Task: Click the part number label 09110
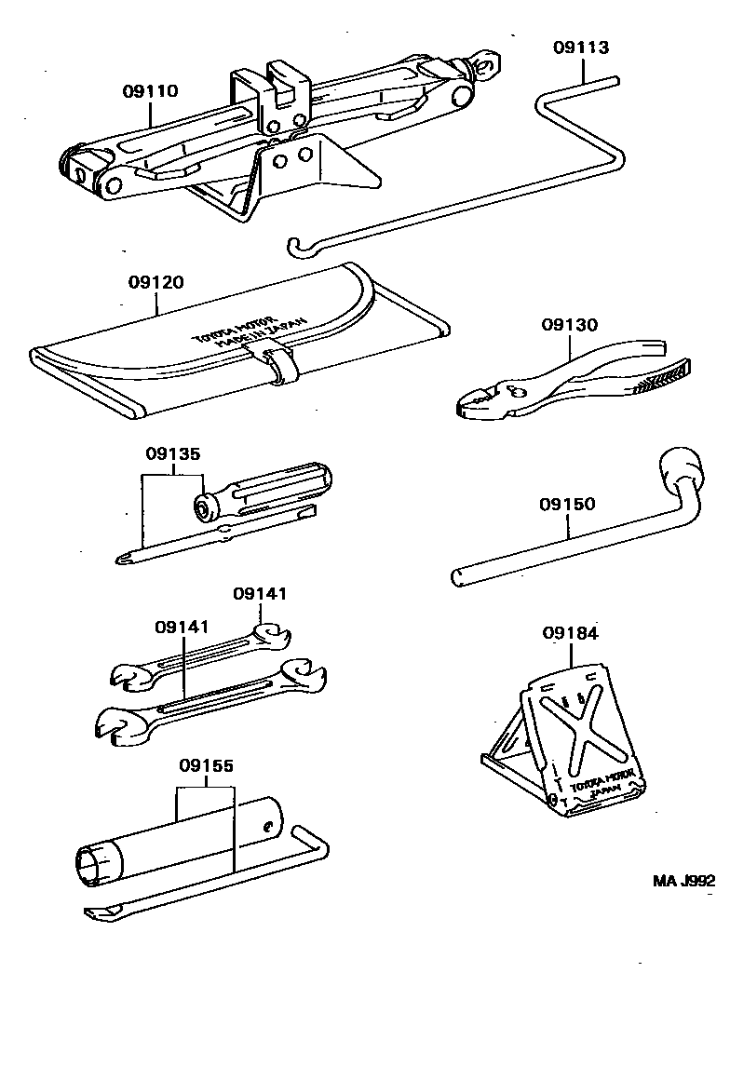tap(150, 91)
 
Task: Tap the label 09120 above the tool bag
tap(155, 282)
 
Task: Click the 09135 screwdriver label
tap(172, 454)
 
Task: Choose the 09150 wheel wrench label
tap(567, 505)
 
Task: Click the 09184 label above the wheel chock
tap(570, 633)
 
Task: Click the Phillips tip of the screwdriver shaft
tap(124, 557)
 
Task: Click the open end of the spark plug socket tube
tap(92, 865)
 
